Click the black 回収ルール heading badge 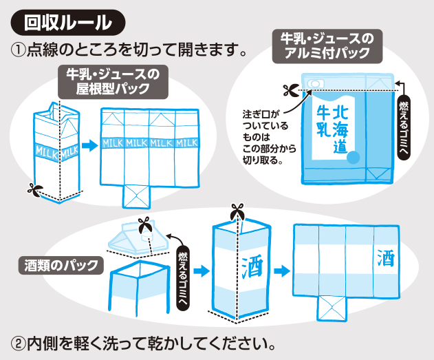pos(67,22)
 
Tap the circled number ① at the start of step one pos(19,50)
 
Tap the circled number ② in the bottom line pos(19,342)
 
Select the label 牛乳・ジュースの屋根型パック pos(112,82)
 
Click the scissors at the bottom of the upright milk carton pos(34,187)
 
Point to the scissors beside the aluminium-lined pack pos(290,90)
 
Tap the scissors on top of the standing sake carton pos(237,211)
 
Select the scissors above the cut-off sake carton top pos(145,225)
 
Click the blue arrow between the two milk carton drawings pos(88,146)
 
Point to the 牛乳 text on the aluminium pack pos(321,120)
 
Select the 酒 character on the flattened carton pos(385,259)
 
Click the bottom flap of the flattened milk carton pos(138,195)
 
